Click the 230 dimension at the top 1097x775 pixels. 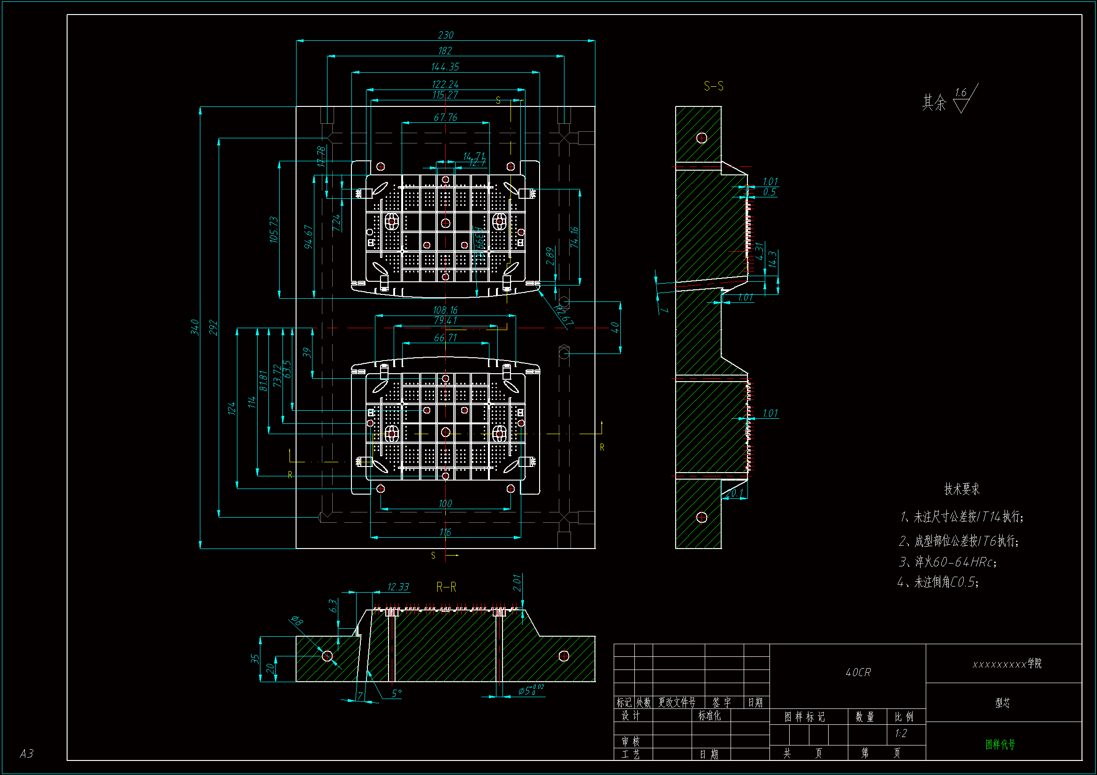[x=445, y=35]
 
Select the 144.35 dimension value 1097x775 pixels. [x=445, y=67]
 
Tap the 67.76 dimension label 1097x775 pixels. [x=445, y=118]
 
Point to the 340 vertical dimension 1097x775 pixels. [x=195, y=327]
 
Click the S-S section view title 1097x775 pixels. [x=713, y=86]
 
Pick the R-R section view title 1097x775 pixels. [x=446, y=587]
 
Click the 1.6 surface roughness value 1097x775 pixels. [x=960, y=93]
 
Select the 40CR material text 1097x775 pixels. [x=858, y=672]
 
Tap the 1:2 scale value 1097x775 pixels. [x=900, y=733]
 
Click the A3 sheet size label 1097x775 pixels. [x=27, y=753]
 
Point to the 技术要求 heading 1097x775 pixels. [x=962, y=489]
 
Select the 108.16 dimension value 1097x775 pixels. [x=445, y=310]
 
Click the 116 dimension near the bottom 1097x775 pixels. [x=445, y=532]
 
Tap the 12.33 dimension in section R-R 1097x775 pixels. [x=398, y=587]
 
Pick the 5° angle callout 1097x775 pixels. [x=396, y=693]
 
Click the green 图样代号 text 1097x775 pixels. [x=1000, y=745]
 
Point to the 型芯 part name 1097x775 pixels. [x=1002, y=703]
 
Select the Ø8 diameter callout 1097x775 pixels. [x=297, y=621]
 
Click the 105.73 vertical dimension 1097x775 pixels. [x=274, y=230]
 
